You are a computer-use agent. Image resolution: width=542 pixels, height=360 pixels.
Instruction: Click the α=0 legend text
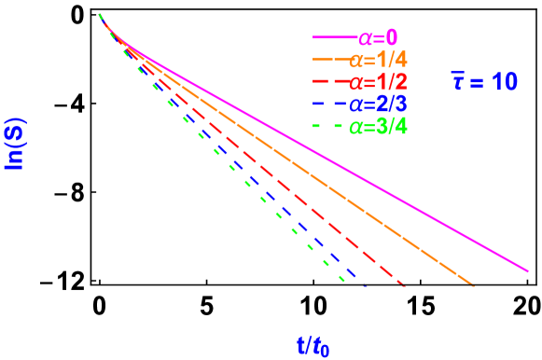pyautogui.click(x=377, y=38)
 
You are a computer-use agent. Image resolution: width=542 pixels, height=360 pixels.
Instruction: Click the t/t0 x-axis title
pyautogui.click(x=313, y=346)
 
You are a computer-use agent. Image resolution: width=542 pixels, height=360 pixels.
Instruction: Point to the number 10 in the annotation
pyautogui.click(x=504, y=83)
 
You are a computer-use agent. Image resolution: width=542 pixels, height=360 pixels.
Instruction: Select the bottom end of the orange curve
pyautogui.click(x=472, y=284)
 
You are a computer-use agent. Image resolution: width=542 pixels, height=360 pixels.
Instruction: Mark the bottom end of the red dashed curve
pyautogui.click(x=403, y=284)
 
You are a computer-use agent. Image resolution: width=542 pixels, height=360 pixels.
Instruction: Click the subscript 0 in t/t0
pyautogui.click(x=325, y=351)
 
